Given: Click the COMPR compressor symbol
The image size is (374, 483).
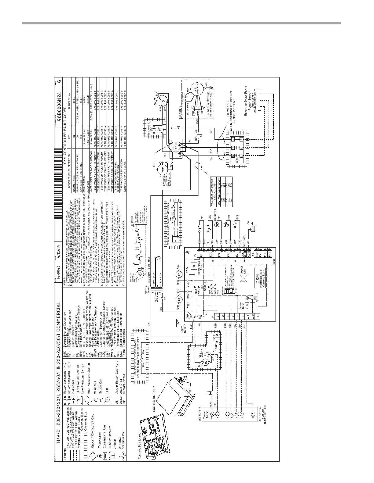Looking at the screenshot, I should (x=161, y=98).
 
